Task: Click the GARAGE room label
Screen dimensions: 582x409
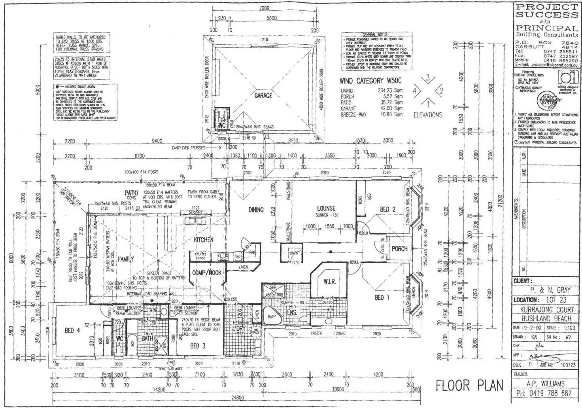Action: (x=263, y=95)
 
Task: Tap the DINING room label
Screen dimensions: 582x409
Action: (x=256, y=210)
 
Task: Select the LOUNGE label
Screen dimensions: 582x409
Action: (x=326, y=208)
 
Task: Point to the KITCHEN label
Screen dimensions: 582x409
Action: (x=204, y=240)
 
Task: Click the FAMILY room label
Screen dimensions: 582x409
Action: (x=126, y=259)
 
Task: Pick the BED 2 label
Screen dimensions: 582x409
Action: (x=387, y=209)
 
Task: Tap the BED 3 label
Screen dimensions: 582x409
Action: (x=198, y=346)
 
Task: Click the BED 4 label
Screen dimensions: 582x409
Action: (x=72, y=330)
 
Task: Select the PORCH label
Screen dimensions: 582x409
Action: (x=399, y=249)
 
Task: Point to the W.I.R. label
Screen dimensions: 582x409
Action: (x=329, y=282)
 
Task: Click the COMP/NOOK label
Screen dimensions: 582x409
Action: (x=207, y=273)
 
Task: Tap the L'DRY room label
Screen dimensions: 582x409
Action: (x=238, y=328)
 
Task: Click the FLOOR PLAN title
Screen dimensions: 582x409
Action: (x=469, y=385)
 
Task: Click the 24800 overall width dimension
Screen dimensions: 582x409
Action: (x=237, y=398)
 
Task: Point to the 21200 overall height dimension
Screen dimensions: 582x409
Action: (x=500, y=198)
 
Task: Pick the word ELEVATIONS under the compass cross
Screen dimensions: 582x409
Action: (x=427, y=115)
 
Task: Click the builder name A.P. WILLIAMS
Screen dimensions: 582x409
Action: (x=545, y=383)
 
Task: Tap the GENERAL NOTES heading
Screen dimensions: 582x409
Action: (x=375, y=35)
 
